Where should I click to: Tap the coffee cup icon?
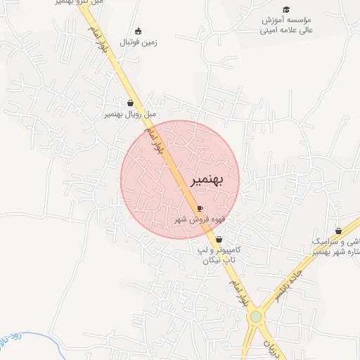200,209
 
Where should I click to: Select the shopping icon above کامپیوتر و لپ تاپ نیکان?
219,240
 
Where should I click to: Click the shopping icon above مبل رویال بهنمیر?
131,103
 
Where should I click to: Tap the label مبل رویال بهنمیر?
130,114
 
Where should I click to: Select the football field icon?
138,30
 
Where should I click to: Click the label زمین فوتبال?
139,42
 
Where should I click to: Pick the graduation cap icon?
286,9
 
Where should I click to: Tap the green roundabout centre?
256,317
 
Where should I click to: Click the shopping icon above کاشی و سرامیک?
338,231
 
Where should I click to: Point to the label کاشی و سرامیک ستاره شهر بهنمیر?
334,246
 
